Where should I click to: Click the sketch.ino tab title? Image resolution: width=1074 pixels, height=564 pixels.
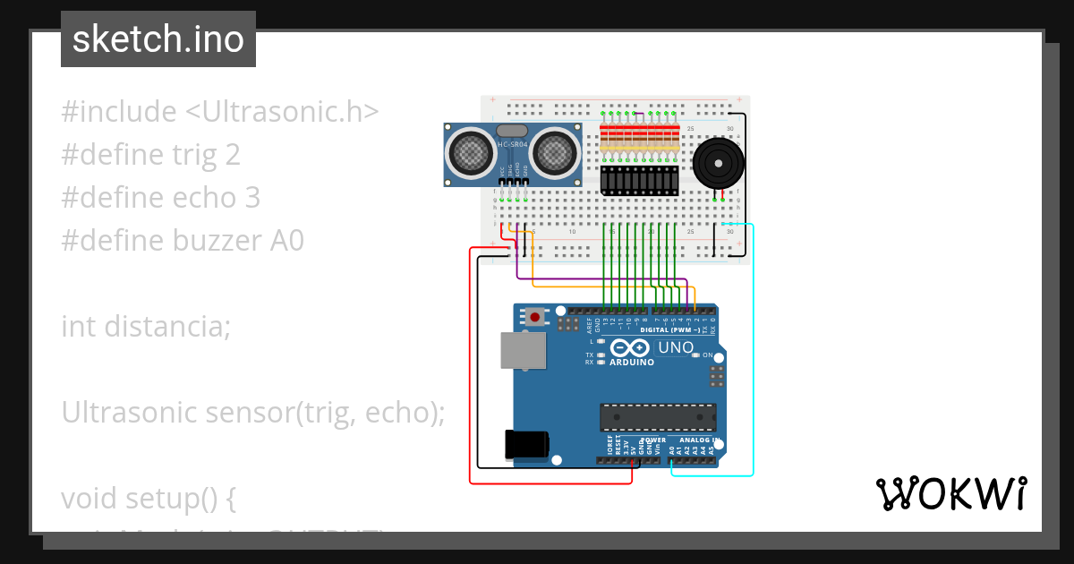(158, 39)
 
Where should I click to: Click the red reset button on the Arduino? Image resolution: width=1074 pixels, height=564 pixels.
(535, 316)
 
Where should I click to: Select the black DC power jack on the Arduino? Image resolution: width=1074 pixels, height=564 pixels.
(525, 445)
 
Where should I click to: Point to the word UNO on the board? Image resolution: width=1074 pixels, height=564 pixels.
(676, 347)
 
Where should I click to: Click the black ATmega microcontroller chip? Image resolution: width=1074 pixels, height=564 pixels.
(658, 417)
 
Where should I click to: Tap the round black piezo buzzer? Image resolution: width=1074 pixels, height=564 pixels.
(718, 163)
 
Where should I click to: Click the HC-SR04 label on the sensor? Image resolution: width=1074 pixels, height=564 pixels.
(512, 144)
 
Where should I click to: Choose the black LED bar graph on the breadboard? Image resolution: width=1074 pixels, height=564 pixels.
(640, 180)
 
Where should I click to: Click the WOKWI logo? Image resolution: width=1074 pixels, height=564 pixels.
(950, 493)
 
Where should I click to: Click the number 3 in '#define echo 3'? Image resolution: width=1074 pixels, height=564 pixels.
(251, 198)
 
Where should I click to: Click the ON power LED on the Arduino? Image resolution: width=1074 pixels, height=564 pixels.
(696, 355)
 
